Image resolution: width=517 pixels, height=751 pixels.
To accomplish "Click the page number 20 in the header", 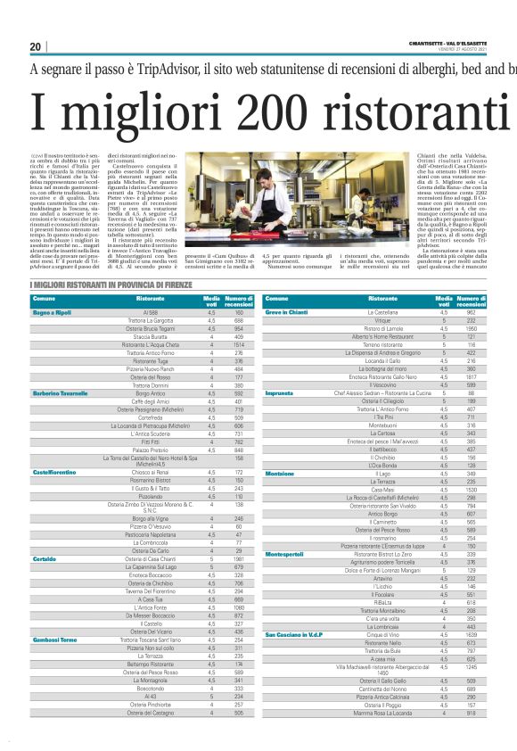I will pyautogui.click(x=36, y=46).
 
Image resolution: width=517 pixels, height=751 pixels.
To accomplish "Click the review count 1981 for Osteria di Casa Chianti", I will pyautogui.click(x=239, y=534).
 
